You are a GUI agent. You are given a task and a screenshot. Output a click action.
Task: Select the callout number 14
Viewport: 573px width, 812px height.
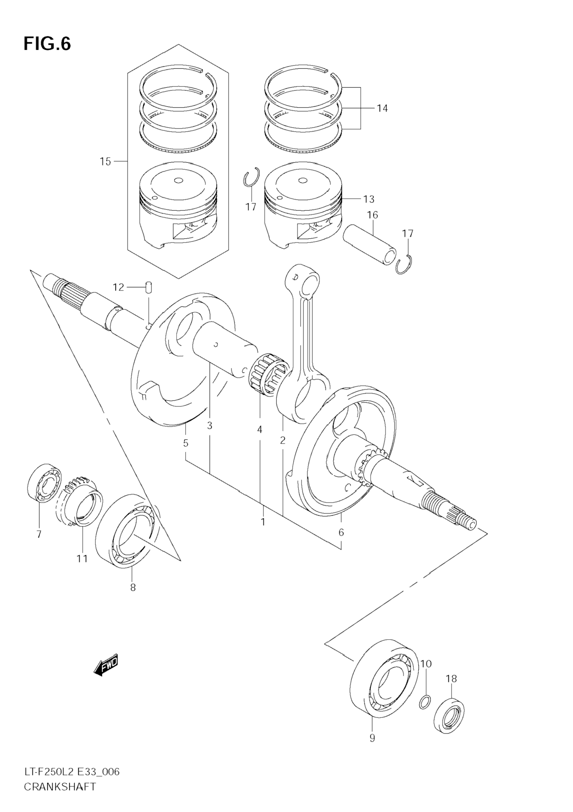(x=382, y=108)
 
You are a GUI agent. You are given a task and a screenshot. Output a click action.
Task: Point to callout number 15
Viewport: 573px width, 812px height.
(x=105, y=162)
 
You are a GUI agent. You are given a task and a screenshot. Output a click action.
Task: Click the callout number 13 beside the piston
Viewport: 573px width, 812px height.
(x=368, y=199)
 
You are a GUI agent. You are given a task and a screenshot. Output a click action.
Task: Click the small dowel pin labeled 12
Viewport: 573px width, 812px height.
(x=149, y=287)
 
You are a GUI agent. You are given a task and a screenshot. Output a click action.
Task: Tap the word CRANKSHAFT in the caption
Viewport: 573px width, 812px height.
(x=60, y=795)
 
